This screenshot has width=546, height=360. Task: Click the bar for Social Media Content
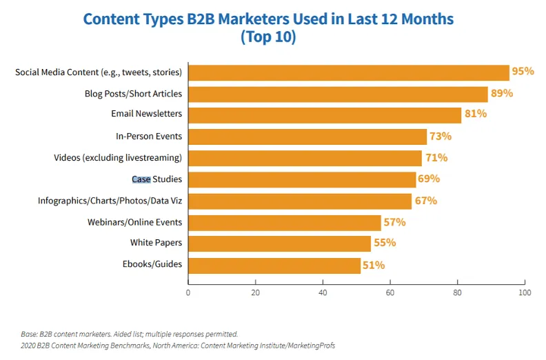pyautogui.click(x=348, y=72)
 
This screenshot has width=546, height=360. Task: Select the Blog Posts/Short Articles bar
pyautogui.click(x=338, y=94)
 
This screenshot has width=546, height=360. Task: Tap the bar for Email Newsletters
pyautogui.click(x=324, y=115)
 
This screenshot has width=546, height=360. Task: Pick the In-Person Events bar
pyautogui.click(x=307, y=137)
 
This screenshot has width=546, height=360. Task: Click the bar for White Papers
pyautogui.click(x=279, y=243)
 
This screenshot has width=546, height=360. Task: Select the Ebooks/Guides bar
pyautogui.click(x=274, y=266)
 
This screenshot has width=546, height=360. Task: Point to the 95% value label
pyautogui.click(x=523, y=72)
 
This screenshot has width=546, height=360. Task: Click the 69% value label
pyautogui.click(x=428, y=179)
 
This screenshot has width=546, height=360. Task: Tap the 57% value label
pyautogui.click(x=394, y=222)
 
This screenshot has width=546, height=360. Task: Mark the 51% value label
pyautogui.click(x=374, y=265)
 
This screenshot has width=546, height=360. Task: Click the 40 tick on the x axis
pyautogui.click(x=323, y=292)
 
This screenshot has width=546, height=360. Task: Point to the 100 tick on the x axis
pyautogui.click(x=525, y=292)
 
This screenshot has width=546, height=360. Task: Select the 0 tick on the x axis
pyautogui.click(x=188, y=292)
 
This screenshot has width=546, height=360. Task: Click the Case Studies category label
pyautogui.click(x=156, y=179)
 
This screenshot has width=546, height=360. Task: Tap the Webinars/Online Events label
pyautogui.click(x=134, y=222)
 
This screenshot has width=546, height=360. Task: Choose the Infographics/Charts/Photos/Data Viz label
pyautogui.click(x=110, y=201)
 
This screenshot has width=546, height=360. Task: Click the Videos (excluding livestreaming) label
pyautogui.click(x=118, y=158)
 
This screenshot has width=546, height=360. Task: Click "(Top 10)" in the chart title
pyautogui.click(x=268, y=37)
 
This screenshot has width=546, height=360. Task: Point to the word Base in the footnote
pyautogui.click(x=29, y=334)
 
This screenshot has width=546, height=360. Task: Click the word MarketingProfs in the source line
pyautogui.click(x=311, y=345)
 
